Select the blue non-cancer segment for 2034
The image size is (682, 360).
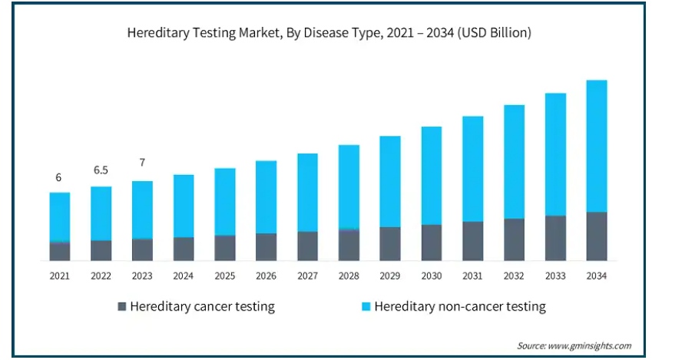[x=597, y=146]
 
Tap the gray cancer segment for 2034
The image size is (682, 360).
[x=597, y=236]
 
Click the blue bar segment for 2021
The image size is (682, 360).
[x=60, y=217]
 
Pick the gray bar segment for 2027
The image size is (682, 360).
[x=307, y=246]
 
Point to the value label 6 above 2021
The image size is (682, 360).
[x=58, y=178]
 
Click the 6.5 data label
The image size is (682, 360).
[x=101, y=170]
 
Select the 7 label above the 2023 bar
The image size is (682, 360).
[x=142, y=163]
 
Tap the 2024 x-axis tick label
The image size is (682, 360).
[x=184, y=276]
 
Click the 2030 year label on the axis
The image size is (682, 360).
[x=432, y=276]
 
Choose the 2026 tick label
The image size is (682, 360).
[x=266, y=276]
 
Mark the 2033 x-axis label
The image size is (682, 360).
[x=555, y=276]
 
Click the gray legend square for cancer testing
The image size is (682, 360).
[x=121, y=307]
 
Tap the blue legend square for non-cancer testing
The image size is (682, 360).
[x=366, y=307]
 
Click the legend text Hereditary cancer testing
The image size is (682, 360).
[x=202, y=307]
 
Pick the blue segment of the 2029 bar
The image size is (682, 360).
[x=390, y=182]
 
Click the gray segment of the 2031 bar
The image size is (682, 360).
[x=473, y=241]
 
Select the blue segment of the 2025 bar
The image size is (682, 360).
[x=225, y=202]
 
